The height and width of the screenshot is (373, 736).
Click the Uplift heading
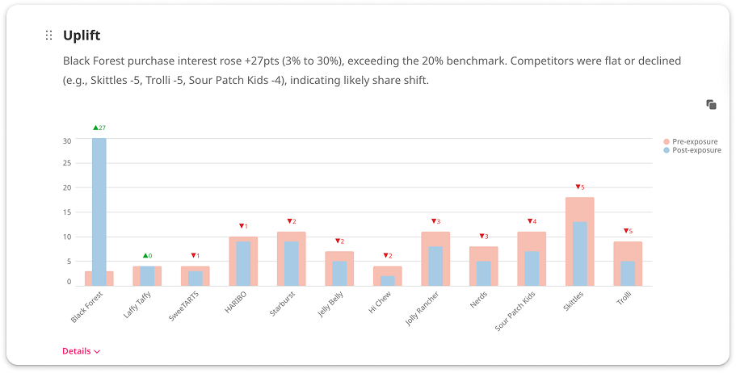pyautogui.click(x=82, y=36)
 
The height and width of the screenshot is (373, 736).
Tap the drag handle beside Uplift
pyautogui.click(x=48, y=36)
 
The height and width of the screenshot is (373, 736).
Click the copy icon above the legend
pyautogui.click(x=711, y=104)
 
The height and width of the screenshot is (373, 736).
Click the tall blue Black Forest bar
pyautogui.click(x=99, y=210)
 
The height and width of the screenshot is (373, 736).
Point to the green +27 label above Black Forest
pyautogui.click(x=99, y=128)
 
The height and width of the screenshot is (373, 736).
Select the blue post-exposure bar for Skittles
pyautogui.click(x=580, y=253)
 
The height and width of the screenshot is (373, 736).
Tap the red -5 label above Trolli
pyautogui.click(x=628, y=231)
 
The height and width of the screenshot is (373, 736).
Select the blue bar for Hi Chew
pyautogui.click(x=388, y=280)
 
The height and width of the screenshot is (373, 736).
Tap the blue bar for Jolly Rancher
pyautogui.click(x=435, y=266)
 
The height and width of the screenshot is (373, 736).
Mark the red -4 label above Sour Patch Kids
pyautogui.click(x=532, y=221)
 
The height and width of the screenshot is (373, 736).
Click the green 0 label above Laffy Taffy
pyautogui.click(x=147, y=256)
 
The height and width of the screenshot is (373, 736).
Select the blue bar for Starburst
pyautogui.click(x=292, y=263)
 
